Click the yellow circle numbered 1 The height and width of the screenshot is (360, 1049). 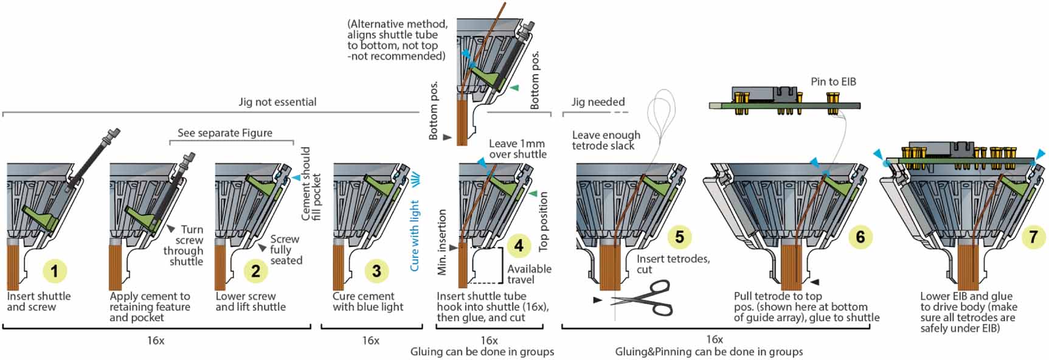[x=55, y=271]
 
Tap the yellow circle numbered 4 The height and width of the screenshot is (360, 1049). [x=518, y=246]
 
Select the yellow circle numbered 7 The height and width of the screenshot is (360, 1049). [x=1033, y=237]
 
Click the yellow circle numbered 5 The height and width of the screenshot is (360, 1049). [x=679, y=237]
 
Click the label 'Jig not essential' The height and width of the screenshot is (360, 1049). [x=277, y=102]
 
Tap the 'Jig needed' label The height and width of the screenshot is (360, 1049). [x=598, y=102]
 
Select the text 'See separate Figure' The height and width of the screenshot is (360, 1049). [x=224, y=133]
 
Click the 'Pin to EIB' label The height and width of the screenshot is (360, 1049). [x=833, y=81]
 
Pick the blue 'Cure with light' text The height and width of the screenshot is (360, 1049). [x=415, y=236]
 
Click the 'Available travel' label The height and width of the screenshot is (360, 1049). [x=529, y=274]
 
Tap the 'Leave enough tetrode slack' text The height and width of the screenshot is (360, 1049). [x=606, y=140]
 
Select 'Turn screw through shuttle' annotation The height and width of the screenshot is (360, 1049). [x=184, y=245]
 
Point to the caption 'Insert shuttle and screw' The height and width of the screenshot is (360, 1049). [x=38, y=302]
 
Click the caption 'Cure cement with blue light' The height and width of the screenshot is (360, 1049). [x=367, y=302]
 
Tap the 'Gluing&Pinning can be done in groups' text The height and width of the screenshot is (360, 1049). [x=708, y=351]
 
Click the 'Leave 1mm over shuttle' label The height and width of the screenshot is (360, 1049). [x=518, y=149]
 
